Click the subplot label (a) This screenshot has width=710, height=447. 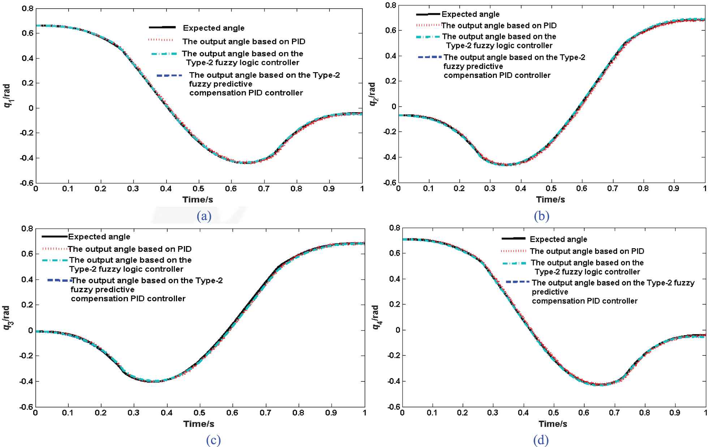pos(204,216)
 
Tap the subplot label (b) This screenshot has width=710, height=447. pos(541,216)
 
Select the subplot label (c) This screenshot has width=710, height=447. pos(213,440)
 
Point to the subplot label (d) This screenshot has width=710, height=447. pos(541,440)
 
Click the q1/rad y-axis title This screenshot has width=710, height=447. pos(8,96)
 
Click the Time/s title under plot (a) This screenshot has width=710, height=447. pos(198,200)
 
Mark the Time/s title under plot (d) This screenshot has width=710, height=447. pos(552,424)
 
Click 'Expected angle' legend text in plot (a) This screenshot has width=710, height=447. pos(214,28)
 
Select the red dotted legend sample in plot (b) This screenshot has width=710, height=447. pos(428,25)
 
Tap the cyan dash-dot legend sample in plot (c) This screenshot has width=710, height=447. pos(55,260)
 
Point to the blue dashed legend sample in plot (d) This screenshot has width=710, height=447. pos(517,282)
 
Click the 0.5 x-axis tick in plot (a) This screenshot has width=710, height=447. pos(198,189)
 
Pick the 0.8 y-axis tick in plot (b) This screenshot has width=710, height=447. pos(391,5)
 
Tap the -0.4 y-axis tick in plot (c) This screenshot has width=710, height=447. pos(26,381)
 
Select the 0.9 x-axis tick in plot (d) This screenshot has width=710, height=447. pos(675,412)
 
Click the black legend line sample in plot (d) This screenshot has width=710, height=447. pos(513,238)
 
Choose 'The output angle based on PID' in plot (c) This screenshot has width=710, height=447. pos(130,249)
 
